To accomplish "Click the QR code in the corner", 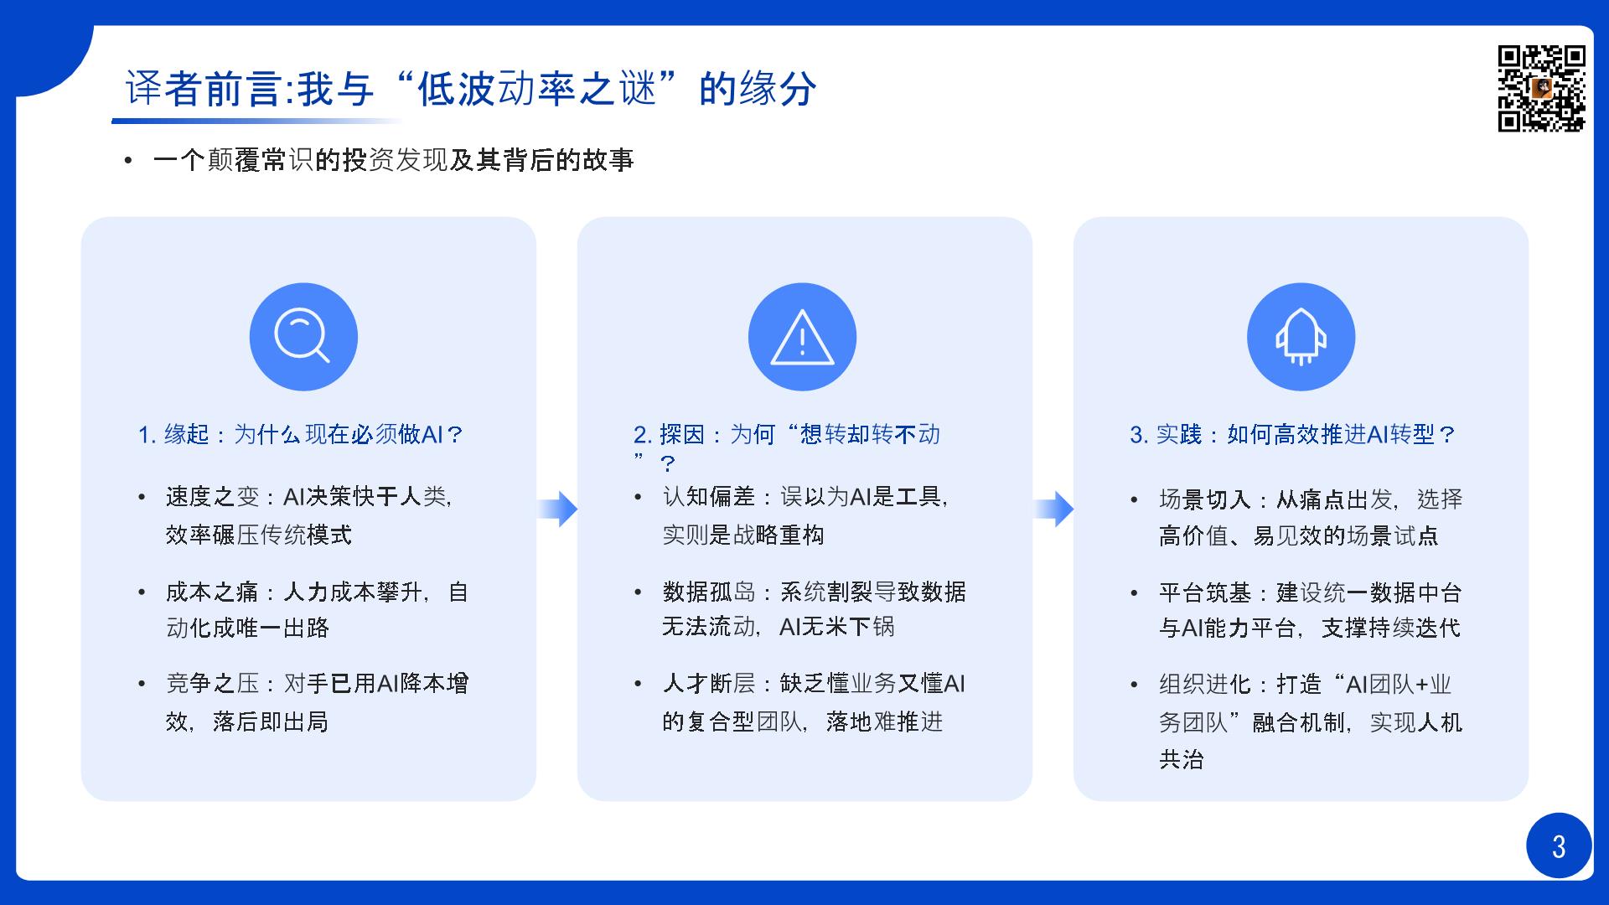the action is pos(1541,89).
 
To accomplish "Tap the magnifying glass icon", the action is pos(300,335).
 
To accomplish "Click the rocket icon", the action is pos(1301,337).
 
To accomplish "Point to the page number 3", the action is pos(1559,846).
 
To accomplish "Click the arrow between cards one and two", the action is pos(557,509).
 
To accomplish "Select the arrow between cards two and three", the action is pos(1053,509).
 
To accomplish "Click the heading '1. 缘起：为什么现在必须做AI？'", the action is pos(301,434).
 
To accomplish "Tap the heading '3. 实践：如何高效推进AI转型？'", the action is pos(1293,434).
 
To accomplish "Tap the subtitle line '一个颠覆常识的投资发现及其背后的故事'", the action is pos(394,160).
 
